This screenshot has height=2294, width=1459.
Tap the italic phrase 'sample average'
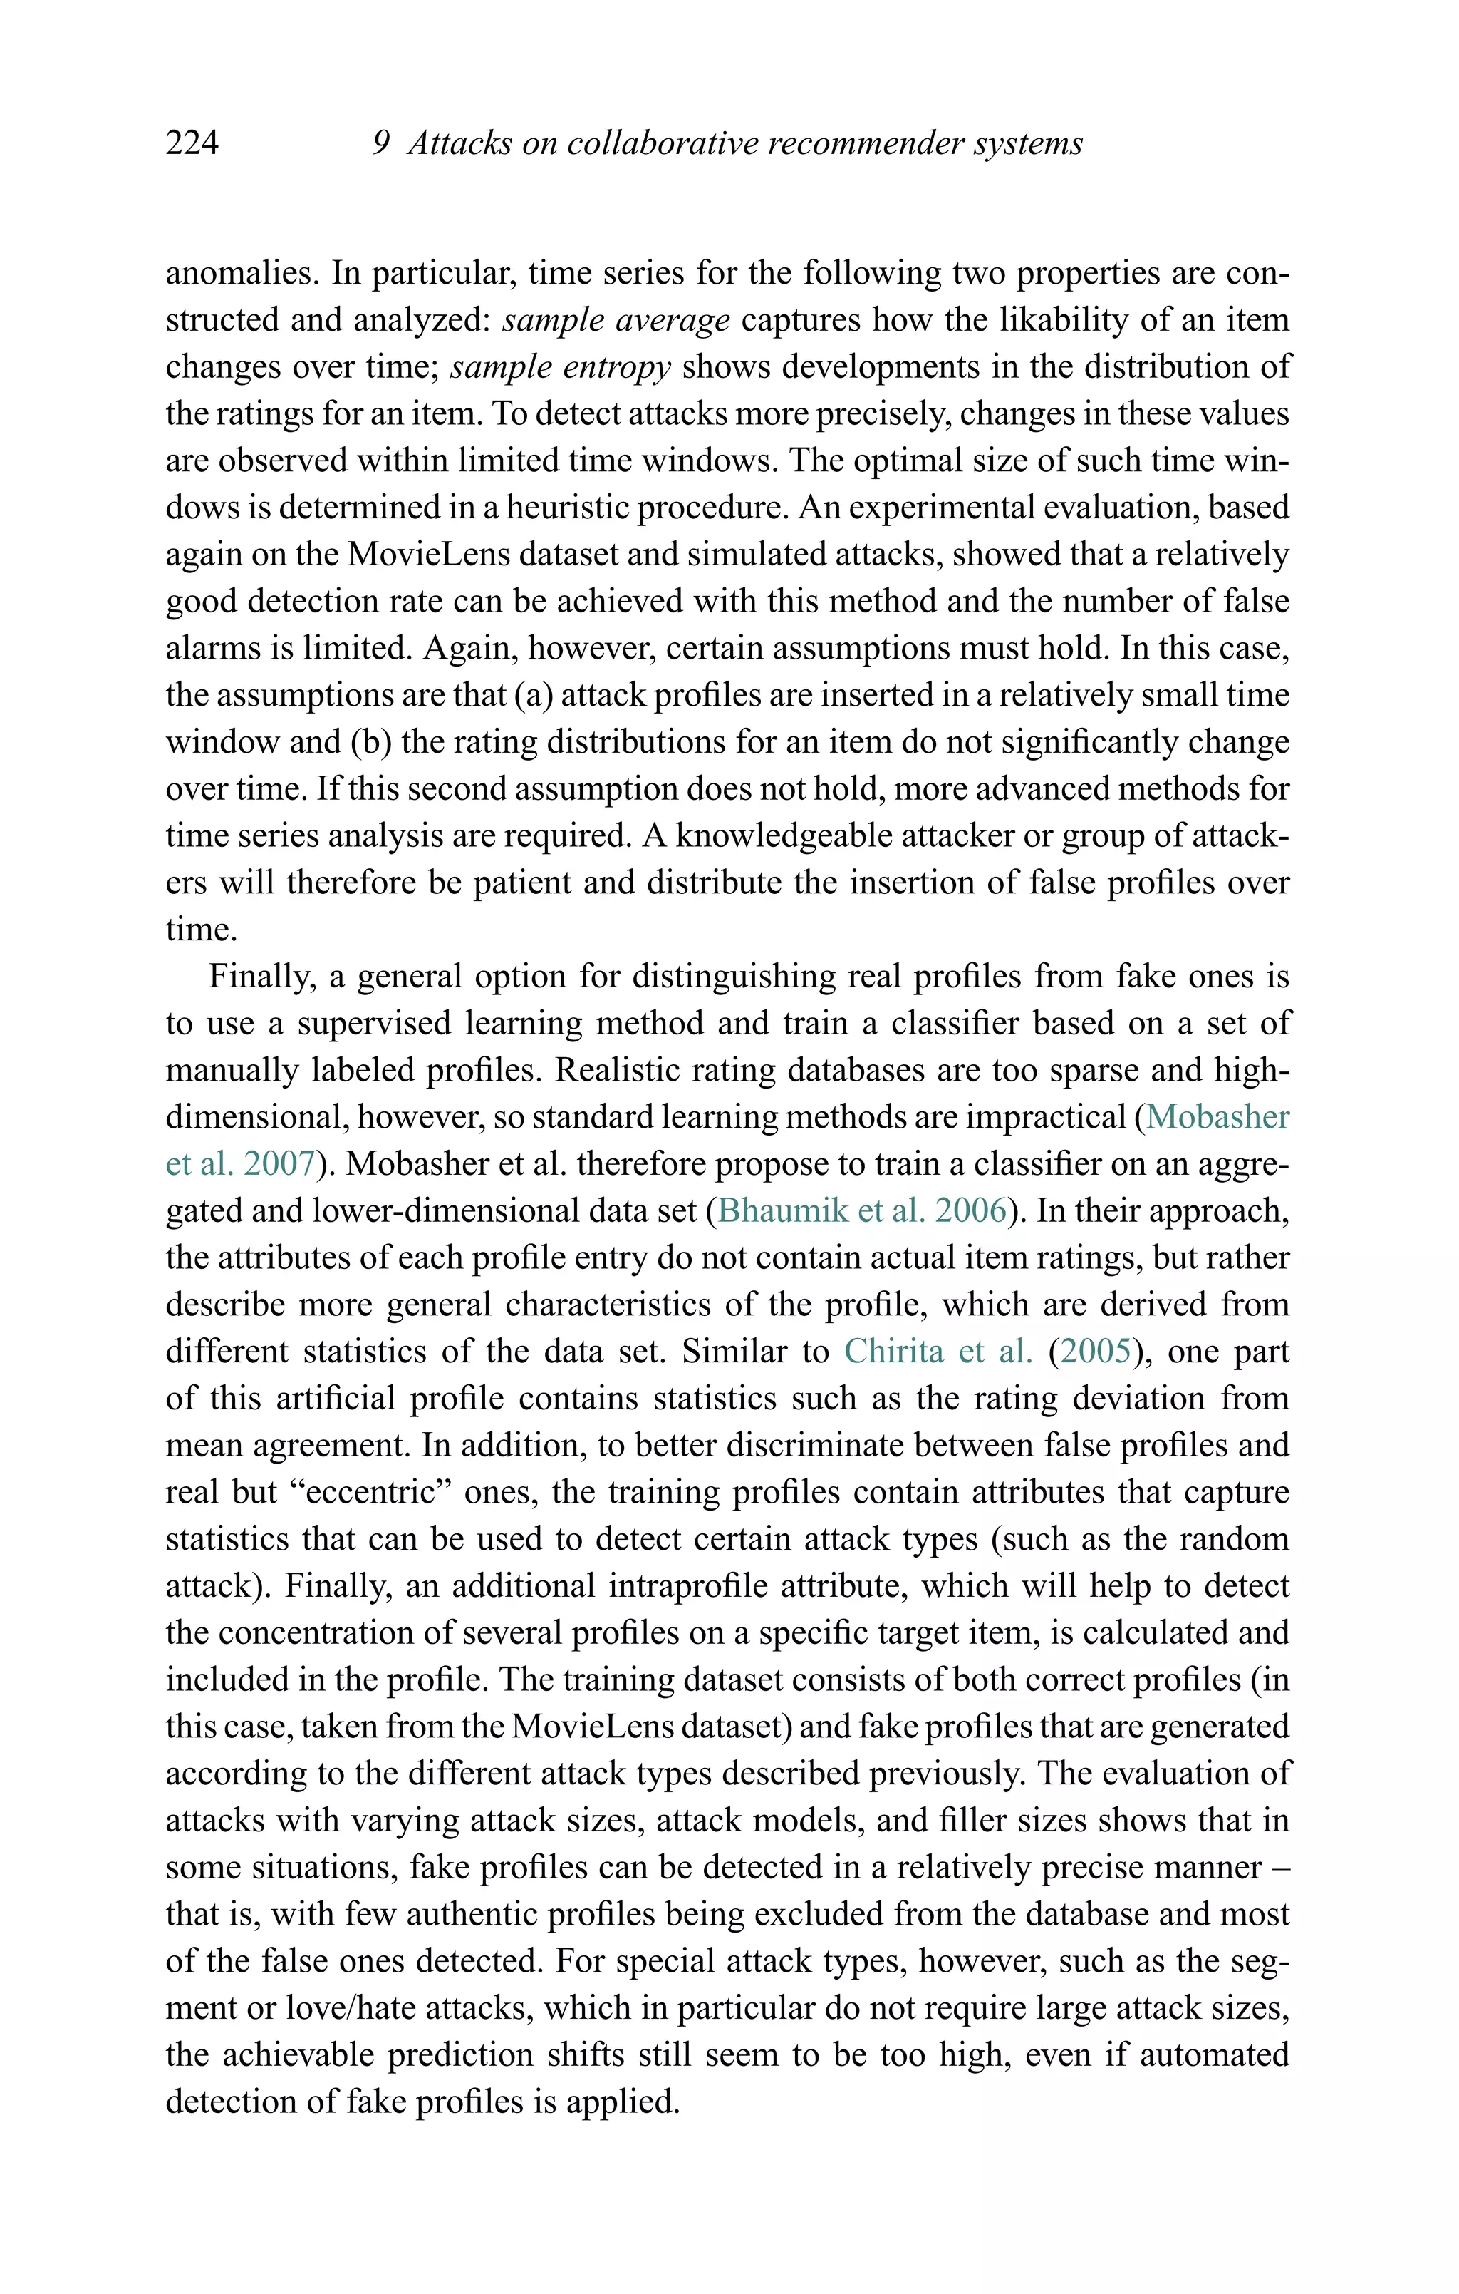click(x=616, y=320)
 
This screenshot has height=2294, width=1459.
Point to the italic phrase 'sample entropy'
click(x=561, y=367)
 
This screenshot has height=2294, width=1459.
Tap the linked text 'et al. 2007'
click(x=240, y=1164)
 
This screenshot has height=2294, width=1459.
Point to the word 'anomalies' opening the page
click(x=242, y=274)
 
